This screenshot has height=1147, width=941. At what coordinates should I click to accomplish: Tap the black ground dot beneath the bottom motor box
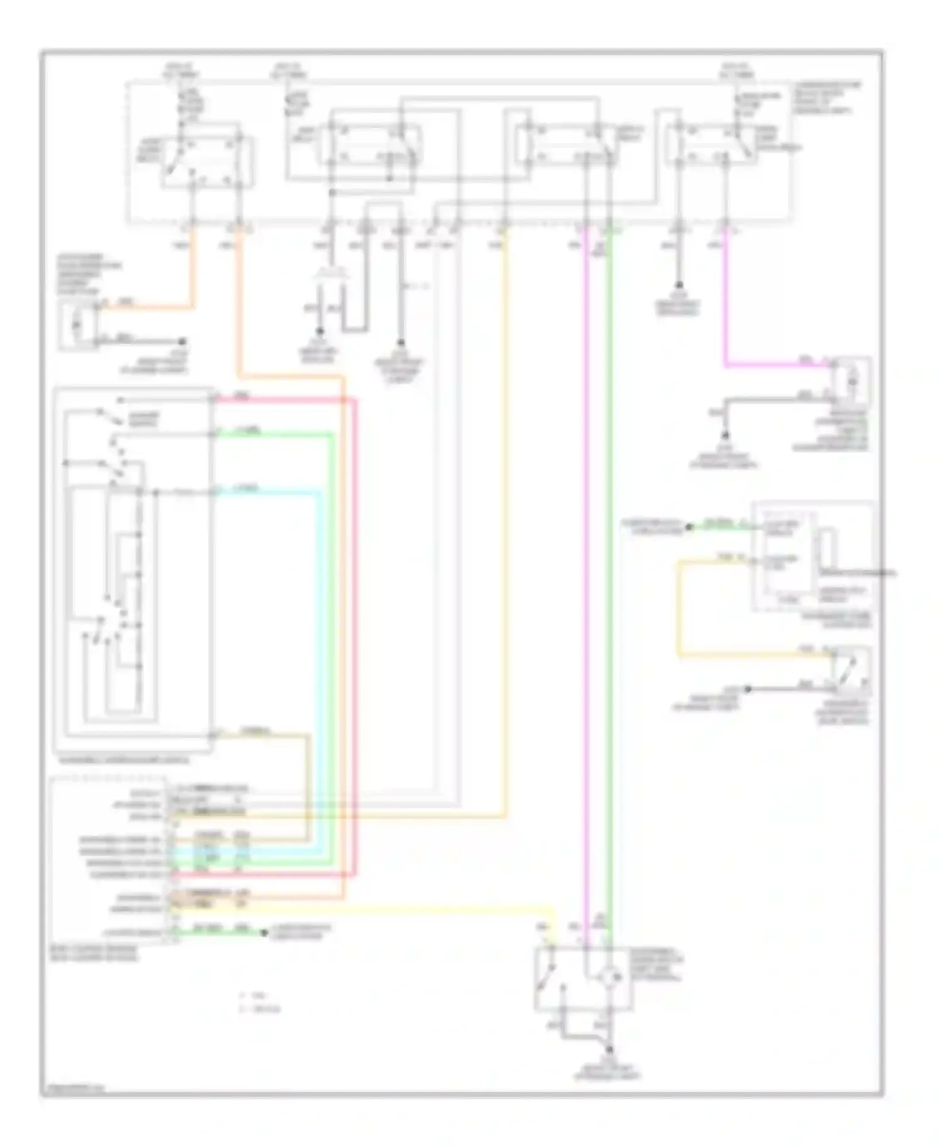[610, 1049]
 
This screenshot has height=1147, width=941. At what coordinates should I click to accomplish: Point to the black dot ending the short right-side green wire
[688, 528]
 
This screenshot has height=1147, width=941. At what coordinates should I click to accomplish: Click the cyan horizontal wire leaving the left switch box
[263, 493]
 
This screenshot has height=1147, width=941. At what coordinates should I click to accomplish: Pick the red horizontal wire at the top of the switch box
[282, 400]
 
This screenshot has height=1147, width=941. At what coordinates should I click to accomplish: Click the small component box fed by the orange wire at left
[78, 325]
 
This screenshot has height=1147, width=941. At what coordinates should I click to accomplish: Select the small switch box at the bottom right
[851, 671]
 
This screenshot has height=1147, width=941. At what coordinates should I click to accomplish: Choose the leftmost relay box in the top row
[207, 154]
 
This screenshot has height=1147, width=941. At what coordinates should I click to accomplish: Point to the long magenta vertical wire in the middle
[587, 565]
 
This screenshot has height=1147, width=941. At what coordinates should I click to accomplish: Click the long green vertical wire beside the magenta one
[610, 565]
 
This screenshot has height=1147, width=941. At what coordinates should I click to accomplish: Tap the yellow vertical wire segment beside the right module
[679, 609]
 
